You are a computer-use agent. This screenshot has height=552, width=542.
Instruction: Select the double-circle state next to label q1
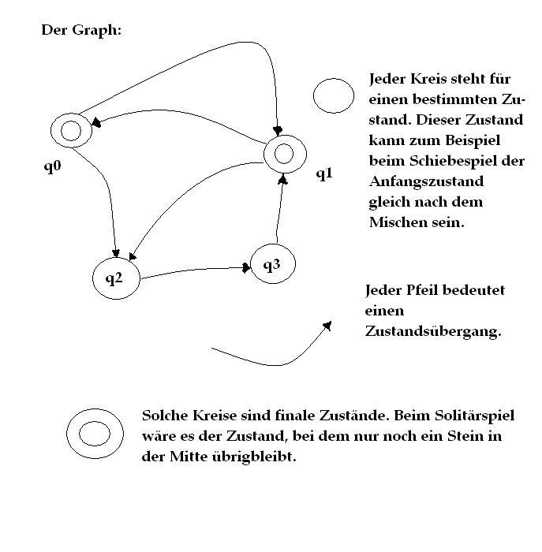(265, 155)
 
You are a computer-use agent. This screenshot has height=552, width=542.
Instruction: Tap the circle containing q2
(93, 278)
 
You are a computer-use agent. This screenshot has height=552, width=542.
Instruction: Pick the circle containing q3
(251, 264)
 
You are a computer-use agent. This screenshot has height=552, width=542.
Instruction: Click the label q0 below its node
(53, 166)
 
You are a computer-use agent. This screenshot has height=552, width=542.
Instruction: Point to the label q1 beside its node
(324, 173)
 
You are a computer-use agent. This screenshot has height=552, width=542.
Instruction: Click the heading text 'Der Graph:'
(81, 30)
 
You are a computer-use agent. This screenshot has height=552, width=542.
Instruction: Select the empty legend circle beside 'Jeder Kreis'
(314, 95)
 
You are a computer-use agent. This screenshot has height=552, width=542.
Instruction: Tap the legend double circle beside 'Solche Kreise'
(67, 434)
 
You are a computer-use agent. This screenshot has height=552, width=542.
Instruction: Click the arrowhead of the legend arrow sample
(327, 326)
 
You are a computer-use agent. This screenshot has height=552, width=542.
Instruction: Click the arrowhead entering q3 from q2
(246, 267)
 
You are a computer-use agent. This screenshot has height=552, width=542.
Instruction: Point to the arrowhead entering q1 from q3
(282, 180)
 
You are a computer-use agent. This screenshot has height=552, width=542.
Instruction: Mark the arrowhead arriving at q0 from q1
(96, 122)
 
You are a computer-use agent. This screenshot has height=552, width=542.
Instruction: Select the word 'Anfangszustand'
(426, 182)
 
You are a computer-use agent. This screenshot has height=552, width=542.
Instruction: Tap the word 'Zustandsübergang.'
(433, 331)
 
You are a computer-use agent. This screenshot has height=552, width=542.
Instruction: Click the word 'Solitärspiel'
(474, 416)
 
